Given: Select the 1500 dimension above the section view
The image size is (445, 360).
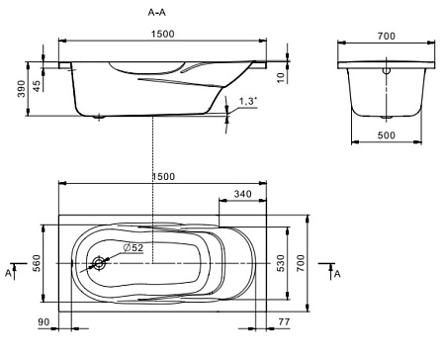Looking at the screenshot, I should (159, 35).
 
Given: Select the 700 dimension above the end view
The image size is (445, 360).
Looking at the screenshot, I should (387, 37).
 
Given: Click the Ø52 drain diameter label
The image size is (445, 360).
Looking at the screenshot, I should (133, 247).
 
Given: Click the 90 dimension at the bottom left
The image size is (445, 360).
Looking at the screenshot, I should (44, 323).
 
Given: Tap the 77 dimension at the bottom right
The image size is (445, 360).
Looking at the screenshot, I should (285, 323).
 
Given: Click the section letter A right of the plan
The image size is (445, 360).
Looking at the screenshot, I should (337, 273).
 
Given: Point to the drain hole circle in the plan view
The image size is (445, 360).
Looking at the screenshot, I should (99, 264).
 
